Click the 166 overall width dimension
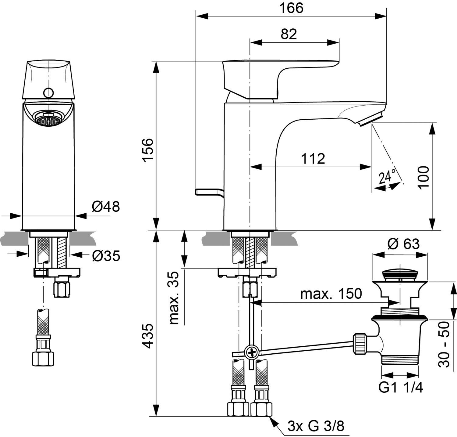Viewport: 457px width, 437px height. point(292,8)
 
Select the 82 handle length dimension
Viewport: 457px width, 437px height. point(289,34)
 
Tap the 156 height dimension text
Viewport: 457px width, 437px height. point(148,150)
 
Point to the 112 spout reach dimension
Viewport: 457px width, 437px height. point(313,159)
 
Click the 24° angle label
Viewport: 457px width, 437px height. point(387,176)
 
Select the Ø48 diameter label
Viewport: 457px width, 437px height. point(106,207)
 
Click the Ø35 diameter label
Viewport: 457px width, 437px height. point(106,256)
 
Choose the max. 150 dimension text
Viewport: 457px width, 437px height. point(331,294)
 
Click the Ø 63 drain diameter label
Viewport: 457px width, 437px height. point(403,244)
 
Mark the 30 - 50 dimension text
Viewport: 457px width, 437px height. point(444,344)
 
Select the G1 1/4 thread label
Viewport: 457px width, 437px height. point(401,388)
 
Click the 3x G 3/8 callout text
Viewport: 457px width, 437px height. point(316,426)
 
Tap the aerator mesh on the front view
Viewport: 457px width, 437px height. point(48,120)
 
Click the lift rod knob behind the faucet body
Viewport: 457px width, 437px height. point(210,192)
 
